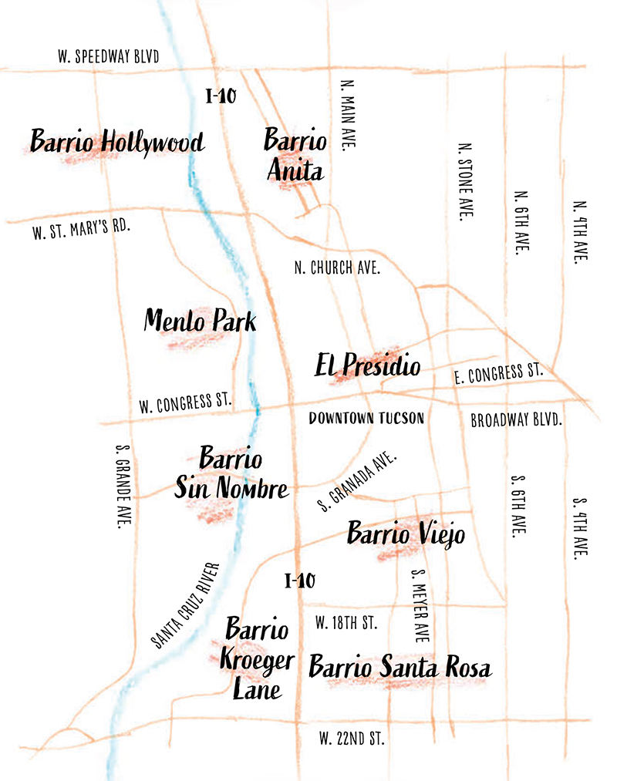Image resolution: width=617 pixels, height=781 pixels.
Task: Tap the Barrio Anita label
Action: pyautogui.click(x=295, y=155)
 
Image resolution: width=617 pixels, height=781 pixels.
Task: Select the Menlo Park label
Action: pyautogui.click(x=200, y=321)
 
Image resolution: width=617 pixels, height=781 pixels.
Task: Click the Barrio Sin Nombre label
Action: pyautogui.click(x=231, y=473)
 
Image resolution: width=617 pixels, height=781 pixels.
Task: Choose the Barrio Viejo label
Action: pyautogui.click(x=406, y=533)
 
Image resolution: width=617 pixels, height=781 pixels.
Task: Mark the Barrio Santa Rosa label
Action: pyautogui.click(x=400, y=667)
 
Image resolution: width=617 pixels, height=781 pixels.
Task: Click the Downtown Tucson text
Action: pyautogui.click(x=366, y=419)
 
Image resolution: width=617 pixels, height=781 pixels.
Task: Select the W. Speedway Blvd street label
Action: pyautogui.click(x=109, y=56)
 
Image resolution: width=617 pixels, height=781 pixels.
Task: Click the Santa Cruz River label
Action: pyautogui.click(x=186, y=605)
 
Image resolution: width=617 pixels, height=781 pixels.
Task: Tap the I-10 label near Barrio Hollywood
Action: pyautogui.click(x=221, y=96)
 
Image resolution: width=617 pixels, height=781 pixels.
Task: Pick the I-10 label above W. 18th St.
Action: pyautogui.click(x=299, y=581)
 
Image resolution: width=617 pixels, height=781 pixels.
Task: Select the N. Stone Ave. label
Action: pyautogui.click(x=464, y=181)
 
